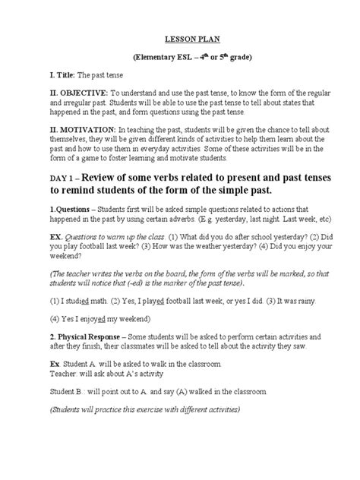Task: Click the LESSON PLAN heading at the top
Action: [x=180, y=36]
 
